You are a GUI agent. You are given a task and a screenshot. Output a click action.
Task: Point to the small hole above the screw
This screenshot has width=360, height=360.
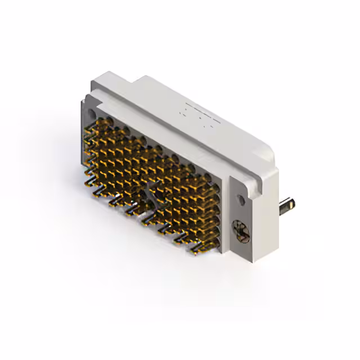241,199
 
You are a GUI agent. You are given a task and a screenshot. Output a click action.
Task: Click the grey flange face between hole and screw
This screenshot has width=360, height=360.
241,214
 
